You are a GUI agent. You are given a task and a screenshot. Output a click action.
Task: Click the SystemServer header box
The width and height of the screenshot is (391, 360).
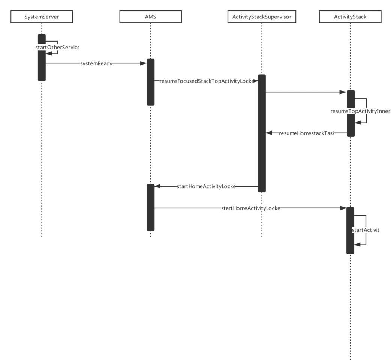42,17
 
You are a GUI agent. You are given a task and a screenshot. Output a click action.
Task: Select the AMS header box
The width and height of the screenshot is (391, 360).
150,17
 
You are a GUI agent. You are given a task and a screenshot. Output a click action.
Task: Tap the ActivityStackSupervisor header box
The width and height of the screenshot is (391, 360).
262,17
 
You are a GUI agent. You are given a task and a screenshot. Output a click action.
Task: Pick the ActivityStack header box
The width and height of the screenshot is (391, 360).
350,17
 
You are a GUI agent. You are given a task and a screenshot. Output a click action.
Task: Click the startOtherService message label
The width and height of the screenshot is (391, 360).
57,48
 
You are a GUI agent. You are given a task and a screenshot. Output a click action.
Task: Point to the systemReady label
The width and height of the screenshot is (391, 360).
96,63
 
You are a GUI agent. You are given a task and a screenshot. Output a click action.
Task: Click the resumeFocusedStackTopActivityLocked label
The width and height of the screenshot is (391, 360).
207,81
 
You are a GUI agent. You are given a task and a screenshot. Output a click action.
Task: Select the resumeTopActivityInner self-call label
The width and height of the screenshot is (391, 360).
360,111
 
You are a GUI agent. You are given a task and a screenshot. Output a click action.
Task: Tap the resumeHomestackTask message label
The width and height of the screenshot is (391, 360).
306,133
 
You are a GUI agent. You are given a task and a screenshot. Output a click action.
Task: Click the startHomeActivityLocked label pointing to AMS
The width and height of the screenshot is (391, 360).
206,186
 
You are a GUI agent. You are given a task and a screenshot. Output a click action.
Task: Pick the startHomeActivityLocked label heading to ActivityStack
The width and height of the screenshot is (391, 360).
251,208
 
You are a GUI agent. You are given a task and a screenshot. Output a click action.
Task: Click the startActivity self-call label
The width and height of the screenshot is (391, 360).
366,230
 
